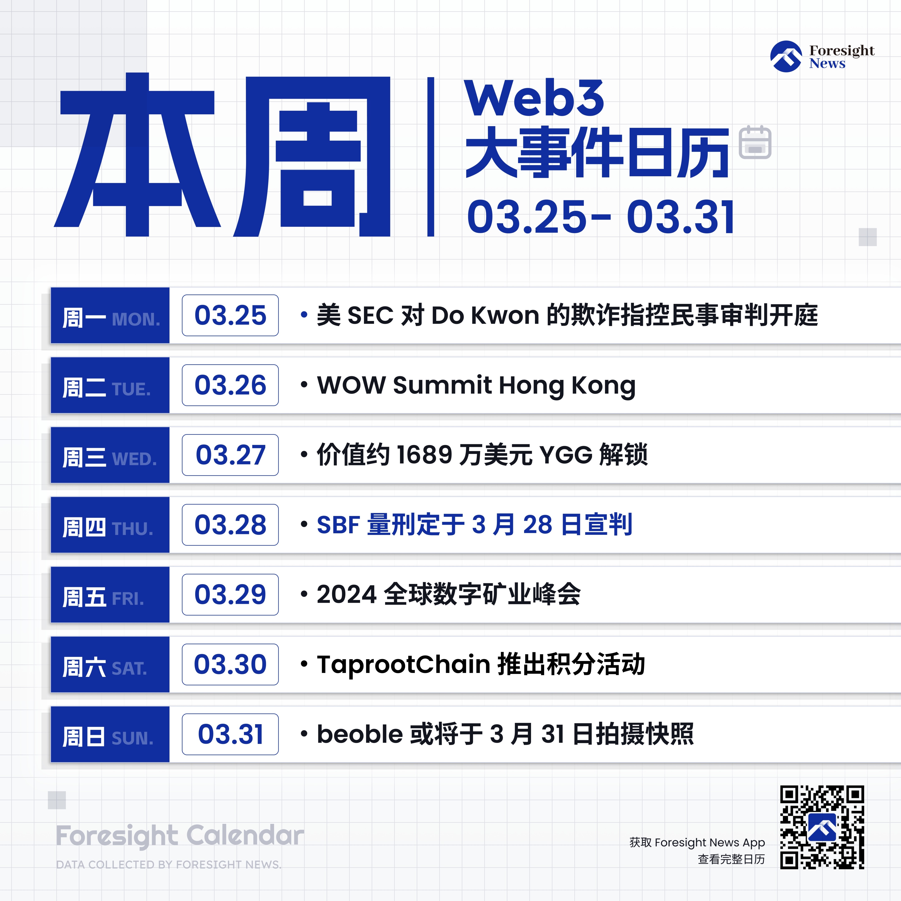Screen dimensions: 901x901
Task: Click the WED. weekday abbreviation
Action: [x=134, y=459]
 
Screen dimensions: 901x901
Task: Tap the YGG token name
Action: [x=566, y=455]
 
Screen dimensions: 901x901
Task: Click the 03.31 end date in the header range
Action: [x=680, y=217]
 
